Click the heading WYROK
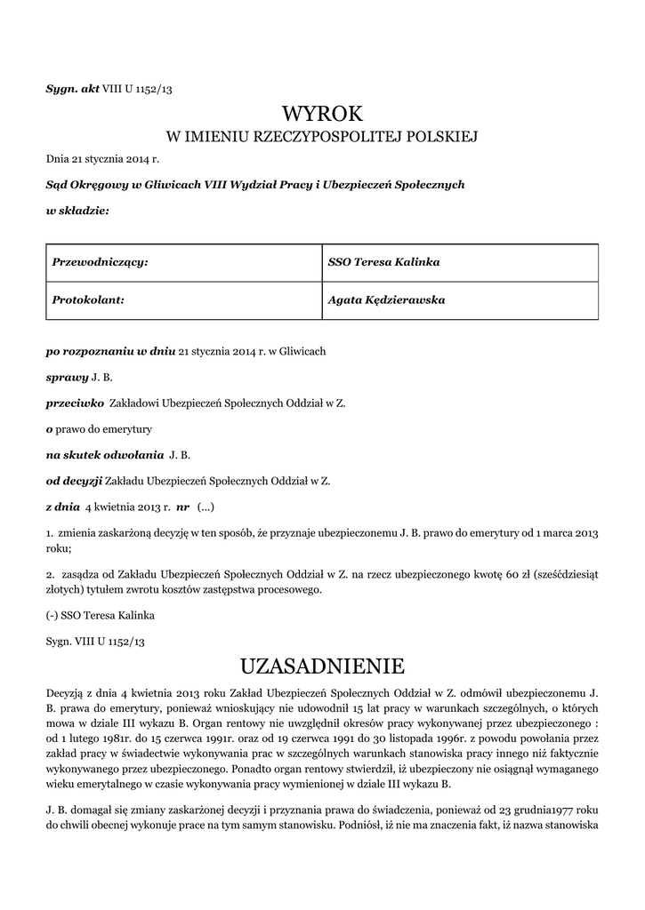[322, 114]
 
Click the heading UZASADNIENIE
[322, 666]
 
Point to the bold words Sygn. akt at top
[72, 89]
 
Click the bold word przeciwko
[75, 403]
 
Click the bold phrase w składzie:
[77, 210]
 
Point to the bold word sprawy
[67, 378]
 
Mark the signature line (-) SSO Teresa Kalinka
[96, 615]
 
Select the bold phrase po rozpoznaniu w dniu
[110, 352]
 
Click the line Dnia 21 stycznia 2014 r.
[102, 159]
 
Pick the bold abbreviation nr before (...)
[183, 507]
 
